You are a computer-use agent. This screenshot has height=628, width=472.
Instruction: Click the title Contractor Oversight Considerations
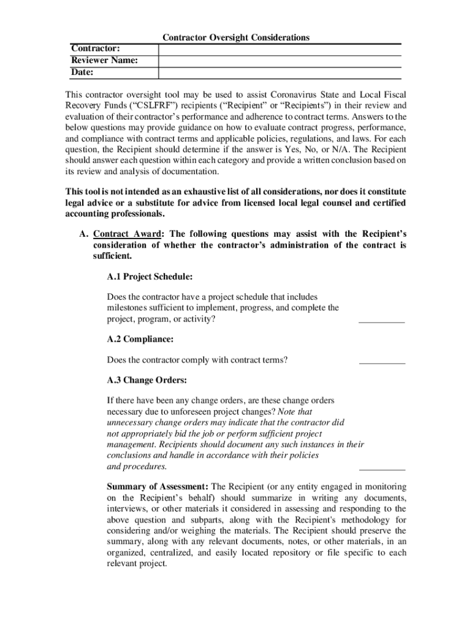coord(236,38)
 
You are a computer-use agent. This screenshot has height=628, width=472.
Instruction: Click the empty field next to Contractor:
coord(280,49)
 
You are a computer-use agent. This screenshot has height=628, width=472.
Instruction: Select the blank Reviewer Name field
coord(280,61)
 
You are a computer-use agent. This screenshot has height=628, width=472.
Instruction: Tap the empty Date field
coord(280,72)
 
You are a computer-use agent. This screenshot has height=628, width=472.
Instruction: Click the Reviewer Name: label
coord(104,61)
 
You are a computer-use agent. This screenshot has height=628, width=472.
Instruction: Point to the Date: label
coord(82,72)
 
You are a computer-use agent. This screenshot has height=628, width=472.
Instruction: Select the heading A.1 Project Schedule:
coord(145,277)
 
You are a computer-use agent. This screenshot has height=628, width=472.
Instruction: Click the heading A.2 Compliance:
coord(140,339)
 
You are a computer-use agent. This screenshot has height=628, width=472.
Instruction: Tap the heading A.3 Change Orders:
coord(147,380)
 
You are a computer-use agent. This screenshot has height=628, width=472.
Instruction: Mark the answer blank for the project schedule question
coord(381,319)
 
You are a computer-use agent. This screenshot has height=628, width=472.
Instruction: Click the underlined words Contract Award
coord(128,234)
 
